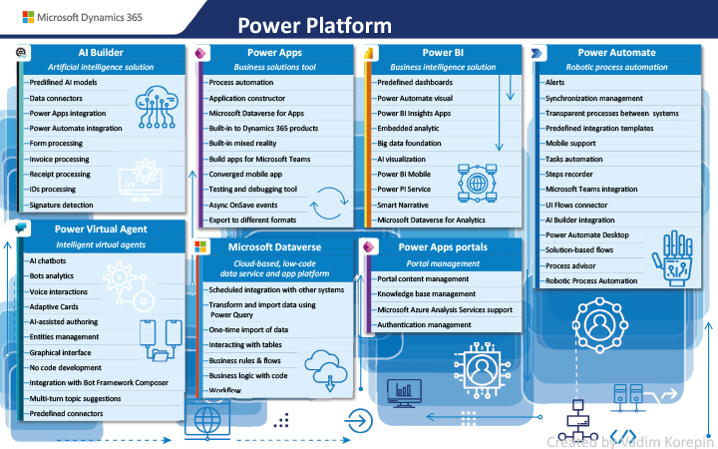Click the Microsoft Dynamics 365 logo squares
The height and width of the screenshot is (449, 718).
(x=28, y=17)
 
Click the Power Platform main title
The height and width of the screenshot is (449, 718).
(x=314, y=26)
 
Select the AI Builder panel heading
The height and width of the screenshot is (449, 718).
(x=101, y=52)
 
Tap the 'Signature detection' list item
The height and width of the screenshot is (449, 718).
(x=61, y=205)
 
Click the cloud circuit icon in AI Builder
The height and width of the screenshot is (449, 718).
(x=157, y=107)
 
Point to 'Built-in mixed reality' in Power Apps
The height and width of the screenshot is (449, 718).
(x=242, y=143)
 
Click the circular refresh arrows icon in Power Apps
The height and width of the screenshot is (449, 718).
(x=329, y=203)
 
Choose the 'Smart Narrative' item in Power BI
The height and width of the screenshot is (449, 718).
(x=403, y=205)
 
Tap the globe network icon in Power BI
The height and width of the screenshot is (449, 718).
(x=477, y=184)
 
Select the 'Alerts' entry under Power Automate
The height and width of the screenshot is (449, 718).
(x=555, y=83)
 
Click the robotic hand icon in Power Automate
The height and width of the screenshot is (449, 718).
(x=673, y=258)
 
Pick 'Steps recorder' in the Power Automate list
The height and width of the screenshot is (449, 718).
(x=569, y=174)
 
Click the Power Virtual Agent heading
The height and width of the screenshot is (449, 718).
(x=101, y=229)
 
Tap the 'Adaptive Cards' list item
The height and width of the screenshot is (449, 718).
(x=54, y=307)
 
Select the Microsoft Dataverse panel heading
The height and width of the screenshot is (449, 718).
(x=275, y=247)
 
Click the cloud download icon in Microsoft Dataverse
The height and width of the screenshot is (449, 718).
(x=326, y=370)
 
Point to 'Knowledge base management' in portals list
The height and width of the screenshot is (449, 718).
(x=427, y=294)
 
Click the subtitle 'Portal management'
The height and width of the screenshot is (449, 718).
(x=443, y=263)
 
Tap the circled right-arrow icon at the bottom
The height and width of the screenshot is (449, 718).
(x=358, y=421)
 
